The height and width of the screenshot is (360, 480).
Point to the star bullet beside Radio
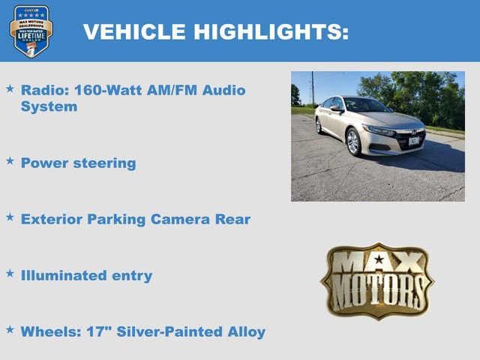pyautogui.click(x=10, y=88)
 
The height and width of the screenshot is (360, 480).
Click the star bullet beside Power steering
pyautogui.click(x=10, y=160)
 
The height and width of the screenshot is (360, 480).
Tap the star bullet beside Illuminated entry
pyautogui.click(x=10, y=273)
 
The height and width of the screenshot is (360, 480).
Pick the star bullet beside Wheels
pyautogui.click(x=10, y=328)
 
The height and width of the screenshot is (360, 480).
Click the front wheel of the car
pyautogui.click(x=353, y=141)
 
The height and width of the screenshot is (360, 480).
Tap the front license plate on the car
pyautogui.click(x=414, y=140)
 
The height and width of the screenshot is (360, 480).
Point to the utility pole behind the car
pyautogui.click(x=312, y=88)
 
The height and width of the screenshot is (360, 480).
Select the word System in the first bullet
pyautogui.click(x=49, y=106)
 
